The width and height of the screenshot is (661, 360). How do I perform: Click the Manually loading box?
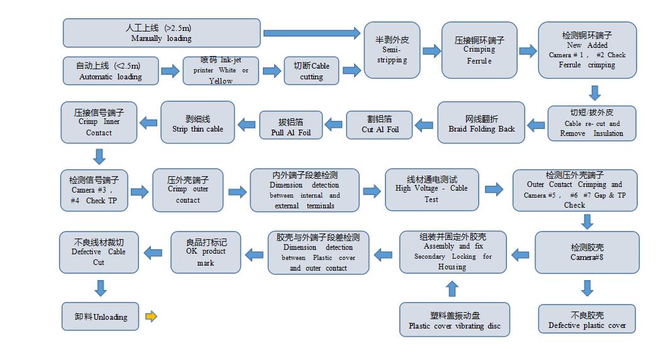162,33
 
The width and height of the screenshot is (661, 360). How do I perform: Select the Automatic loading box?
110,70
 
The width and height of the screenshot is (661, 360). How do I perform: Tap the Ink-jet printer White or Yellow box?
220,70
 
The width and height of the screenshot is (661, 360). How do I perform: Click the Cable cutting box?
311,70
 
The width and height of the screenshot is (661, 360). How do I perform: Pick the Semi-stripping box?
392,50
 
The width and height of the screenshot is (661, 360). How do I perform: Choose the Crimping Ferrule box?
479,50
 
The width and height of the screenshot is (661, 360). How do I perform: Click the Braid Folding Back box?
481,123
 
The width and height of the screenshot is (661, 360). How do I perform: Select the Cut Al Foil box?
380,125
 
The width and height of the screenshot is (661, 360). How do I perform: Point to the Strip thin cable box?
197,122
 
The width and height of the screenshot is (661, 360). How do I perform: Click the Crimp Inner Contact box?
99,122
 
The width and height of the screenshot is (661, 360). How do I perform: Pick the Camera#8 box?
587,252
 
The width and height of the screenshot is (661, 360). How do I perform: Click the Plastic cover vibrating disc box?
455,320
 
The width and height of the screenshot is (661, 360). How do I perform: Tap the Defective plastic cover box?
587,320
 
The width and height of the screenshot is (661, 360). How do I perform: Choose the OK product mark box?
206,252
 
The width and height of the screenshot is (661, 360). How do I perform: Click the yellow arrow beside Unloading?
151,317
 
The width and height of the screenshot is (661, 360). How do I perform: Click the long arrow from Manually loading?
311,33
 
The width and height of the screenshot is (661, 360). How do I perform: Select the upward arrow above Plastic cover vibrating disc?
452,288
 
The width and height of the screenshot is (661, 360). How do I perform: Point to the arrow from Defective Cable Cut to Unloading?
99,288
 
